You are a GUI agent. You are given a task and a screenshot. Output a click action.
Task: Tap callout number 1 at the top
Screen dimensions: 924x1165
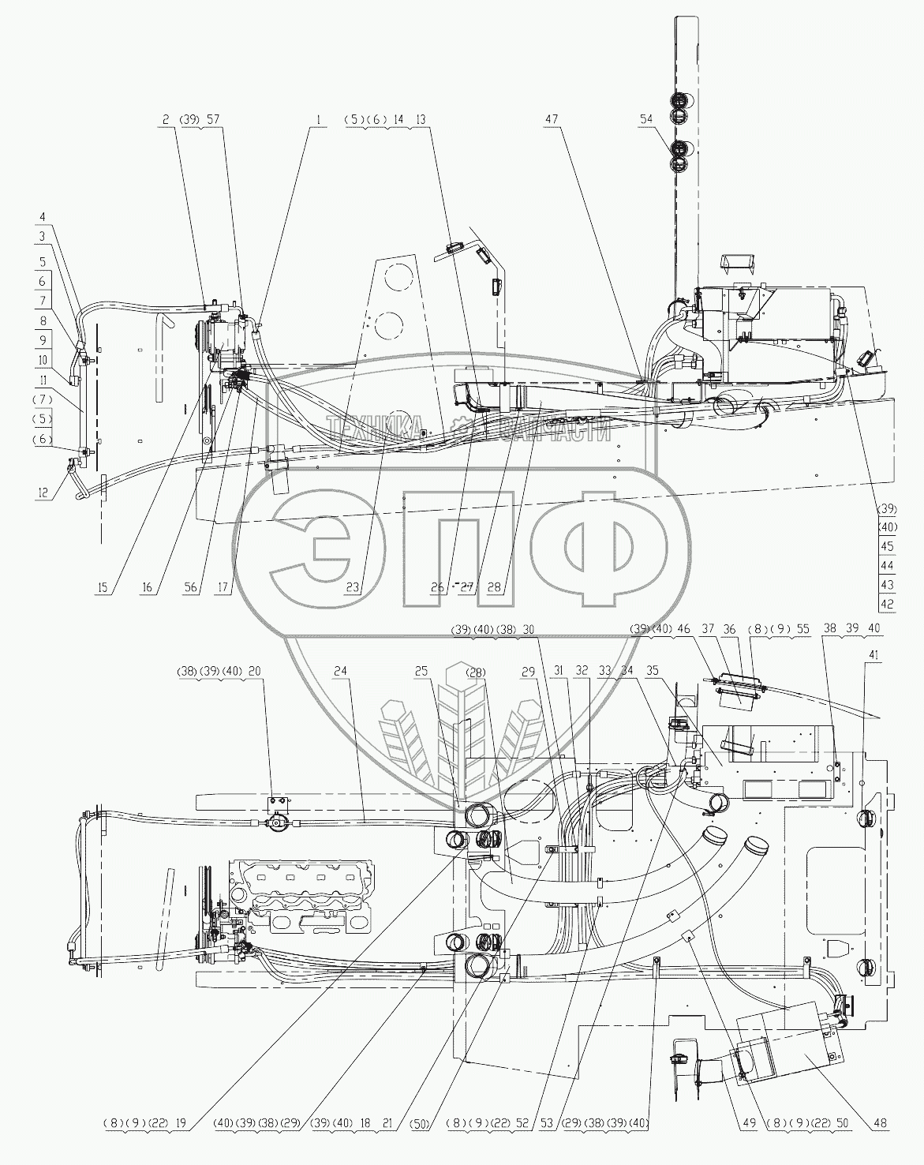point(319,120)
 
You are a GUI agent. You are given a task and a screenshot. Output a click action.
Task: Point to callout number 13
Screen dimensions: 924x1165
point(421,120)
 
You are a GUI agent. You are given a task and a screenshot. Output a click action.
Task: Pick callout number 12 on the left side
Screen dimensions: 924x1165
point(43,493)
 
